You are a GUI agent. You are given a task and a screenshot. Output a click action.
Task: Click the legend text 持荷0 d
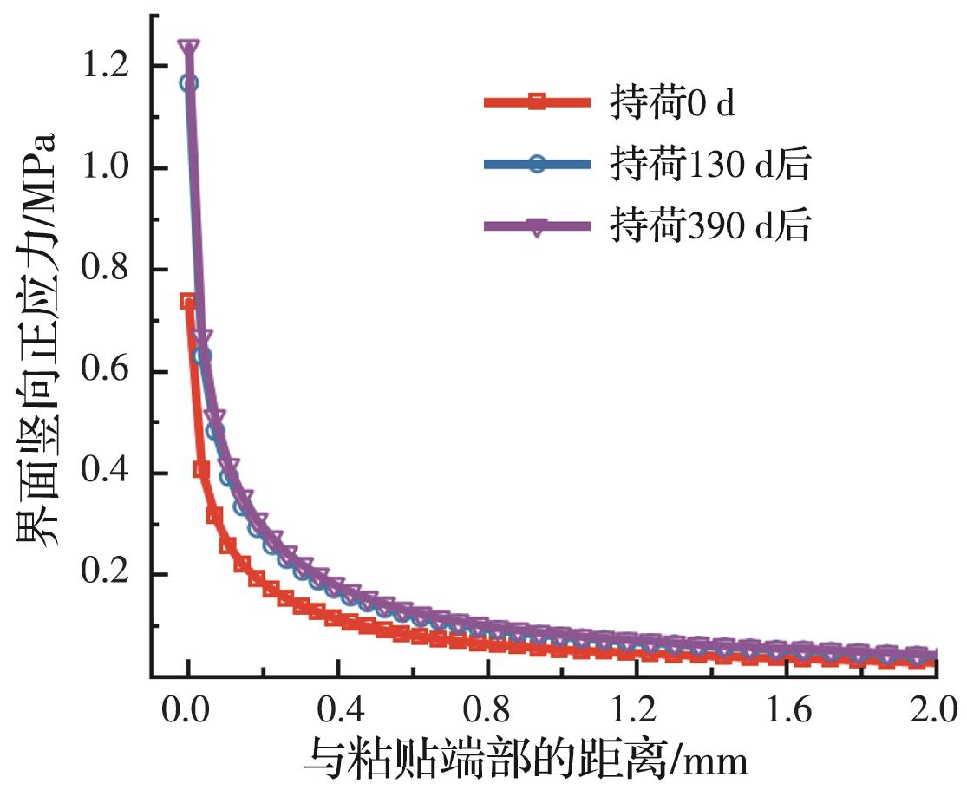pos(671,103)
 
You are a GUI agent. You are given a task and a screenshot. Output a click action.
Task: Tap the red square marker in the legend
pos(537,103)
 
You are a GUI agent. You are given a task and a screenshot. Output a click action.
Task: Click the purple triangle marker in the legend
pos(537,228)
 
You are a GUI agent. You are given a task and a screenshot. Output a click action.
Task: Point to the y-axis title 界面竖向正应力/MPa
pos(39,338)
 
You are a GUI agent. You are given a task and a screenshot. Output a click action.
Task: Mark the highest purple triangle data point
pos(189,47)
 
